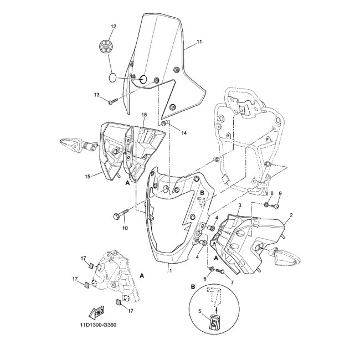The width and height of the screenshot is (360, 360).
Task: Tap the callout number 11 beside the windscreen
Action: tap(199, 42)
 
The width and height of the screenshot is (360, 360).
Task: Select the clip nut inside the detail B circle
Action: tap(213, 321)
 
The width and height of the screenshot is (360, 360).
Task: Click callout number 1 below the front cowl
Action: tap(170, 271)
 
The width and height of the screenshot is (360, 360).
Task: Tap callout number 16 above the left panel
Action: tap(143, 115)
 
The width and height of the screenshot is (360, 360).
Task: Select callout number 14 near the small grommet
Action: tap(184, 133)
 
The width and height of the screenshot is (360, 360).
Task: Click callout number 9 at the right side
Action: tap(280, 193)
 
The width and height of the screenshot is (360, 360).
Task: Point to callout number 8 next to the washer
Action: tap(271, 193)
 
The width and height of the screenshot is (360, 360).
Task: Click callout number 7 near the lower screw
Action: tap(225, 283)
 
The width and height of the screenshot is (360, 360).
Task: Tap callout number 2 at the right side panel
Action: tap(291, 215)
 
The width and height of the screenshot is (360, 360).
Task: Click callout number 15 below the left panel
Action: tap(88, 177)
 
